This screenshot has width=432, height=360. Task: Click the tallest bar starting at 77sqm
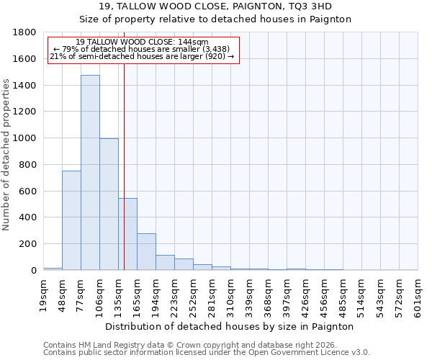click(x=90, y=173)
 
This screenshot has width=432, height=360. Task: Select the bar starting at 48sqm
click(x=71, y=220)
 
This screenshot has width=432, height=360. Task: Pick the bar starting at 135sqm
click(x=128, y=234)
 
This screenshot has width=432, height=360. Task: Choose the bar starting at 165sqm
click(x=146, y=252)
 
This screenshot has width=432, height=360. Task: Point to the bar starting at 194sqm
click(x=165, y=263)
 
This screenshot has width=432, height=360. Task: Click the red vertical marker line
click(x=124, y=166)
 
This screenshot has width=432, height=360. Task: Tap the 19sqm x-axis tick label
click(x=43, y=294)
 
